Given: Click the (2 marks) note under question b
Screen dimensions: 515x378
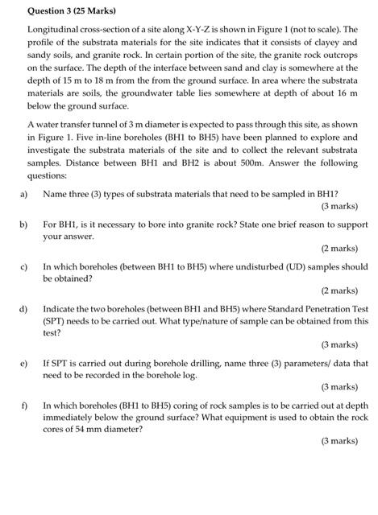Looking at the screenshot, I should (339, 247).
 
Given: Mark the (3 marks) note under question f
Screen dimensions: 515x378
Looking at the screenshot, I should (339, 441).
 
